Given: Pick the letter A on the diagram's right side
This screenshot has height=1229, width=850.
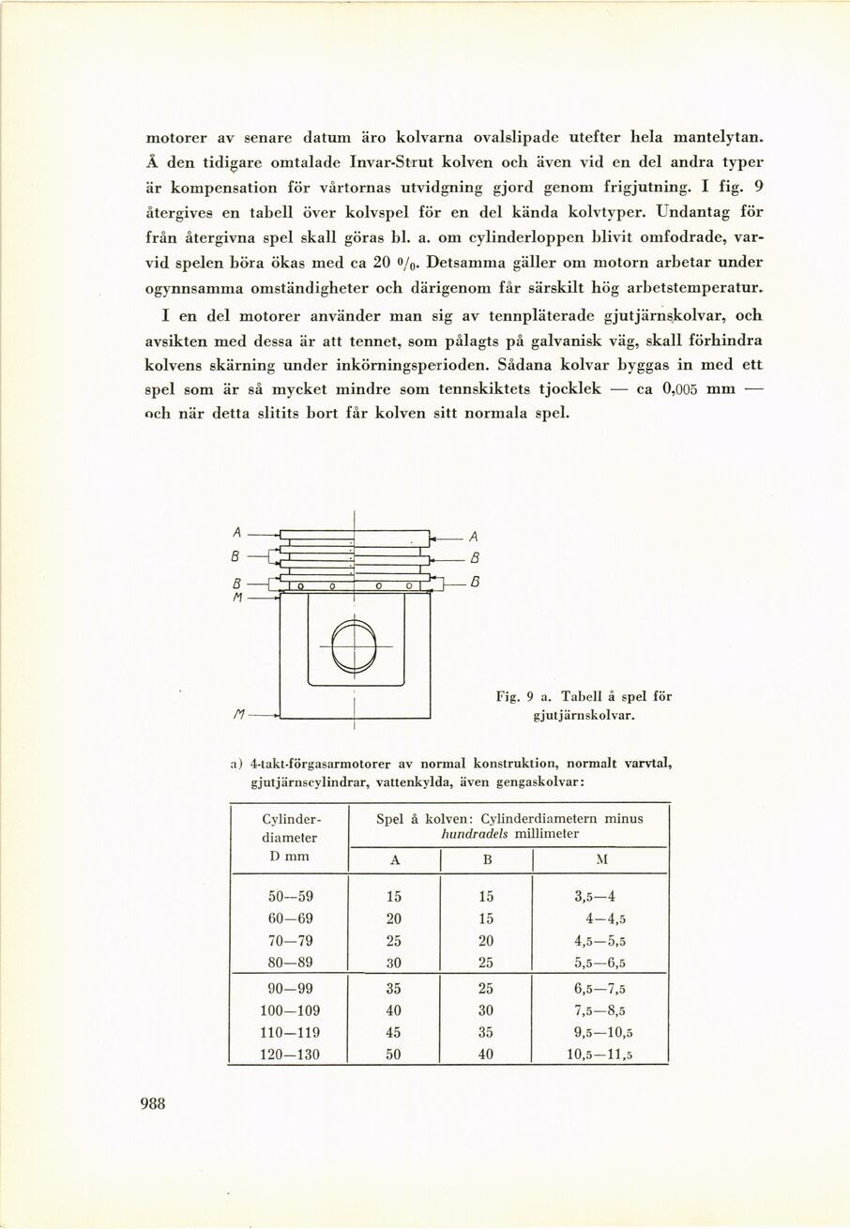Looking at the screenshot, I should click(x=473, y=537).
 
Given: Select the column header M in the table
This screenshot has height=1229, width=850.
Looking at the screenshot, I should click(x=600, y=860).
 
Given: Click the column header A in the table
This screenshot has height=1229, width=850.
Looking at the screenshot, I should click(x=393, y=860).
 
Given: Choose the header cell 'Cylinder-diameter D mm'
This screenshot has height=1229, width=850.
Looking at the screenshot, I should click(x=290, y=837).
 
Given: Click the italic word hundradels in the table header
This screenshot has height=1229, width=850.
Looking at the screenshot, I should click(x=477, y=833).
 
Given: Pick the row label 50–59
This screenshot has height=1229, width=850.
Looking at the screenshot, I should click(x=290, y=895).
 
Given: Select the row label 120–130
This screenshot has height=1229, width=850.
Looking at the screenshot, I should click(x=290, y=1054).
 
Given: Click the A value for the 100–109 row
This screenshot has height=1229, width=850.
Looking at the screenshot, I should click(x=393, y=1010).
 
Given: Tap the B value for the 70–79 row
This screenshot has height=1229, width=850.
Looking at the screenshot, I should click(x=486, y=940).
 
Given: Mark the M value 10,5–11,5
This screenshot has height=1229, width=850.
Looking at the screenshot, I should click(x=600, y=1054).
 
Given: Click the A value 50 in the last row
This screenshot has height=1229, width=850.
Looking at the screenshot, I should click(x=393, y=1054).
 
